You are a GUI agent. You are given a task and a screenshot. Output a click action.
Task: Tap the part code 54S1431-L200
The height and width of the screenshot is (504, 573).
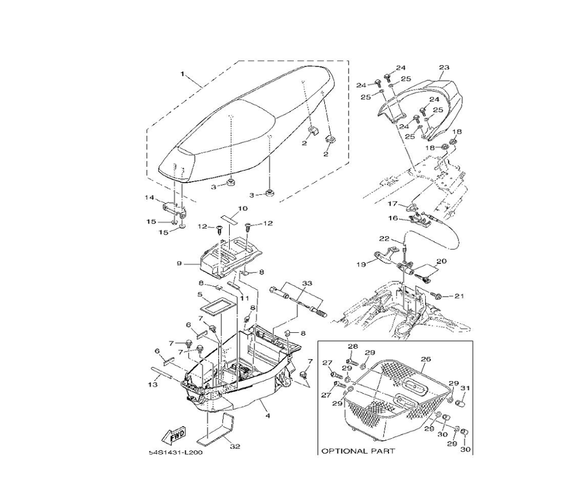tap(176, 452)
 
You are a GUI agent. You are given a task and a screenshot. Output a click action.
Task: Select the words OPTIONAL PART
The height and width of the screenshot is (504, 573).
tap(358, 451)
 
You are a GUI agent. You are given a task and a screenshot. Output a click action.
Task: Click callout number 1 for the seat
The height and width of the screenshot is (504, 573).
tap(183, 74)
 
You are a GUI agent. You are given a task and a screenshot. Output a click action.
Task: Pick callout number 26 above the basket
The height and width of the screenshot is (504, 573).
tap(425, 360)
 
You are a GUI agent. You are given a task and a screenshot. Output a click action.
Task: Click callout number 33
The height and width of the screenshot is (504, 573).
tap(307, 283)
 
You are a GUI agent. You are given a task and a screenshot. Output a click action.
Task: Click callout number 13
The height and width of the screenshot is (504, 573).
tap(152, 384)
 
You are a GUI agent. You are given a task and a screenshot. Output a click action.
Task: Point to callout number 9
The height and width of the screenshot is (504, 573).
tap(179, 263)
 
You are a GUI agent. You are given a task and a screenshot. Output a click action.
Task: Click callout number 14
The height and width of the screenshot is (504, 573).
tap(150, 198)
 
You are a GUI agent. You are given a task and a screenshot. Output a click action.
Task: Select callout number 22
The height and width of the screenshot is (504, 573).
tap(383, 238)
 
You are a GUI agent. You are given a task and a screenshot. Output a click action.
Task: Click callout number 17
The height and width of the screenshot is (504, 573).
tap(393, 203)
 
